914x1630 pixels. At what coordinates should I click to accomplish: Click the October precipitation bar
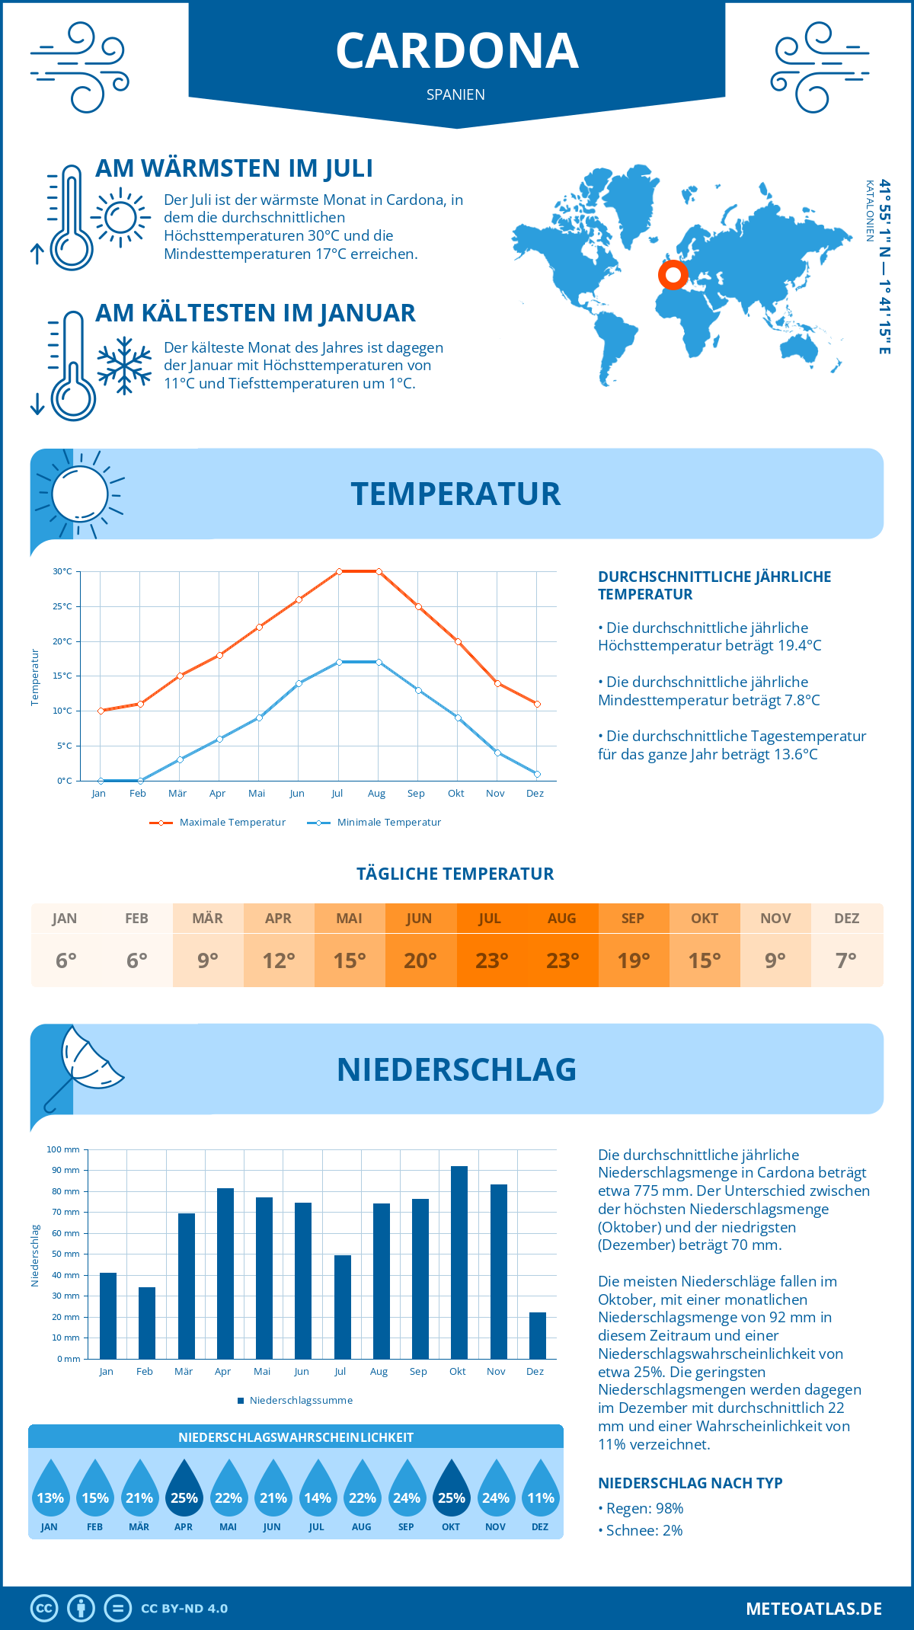click(459, 1263)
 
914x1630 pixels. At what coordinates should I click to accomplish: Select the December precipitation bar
click(538, 1336)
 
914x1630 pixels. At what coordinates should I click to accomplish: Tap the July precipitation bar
click(343, 1307)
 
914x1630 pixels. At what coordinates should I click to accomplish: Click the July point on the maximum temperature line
click(339, 571)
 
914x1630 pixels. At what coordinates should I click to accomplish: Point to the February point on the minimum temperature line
click(140, 781)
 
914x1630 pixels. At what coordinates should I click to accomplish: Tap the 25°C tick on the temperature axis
click(62, 607)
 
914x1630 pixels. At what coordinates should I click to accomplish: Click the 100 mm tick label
click(63, 1149)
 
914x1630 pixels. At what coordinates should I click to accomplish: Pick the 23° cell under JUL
click(491, 960)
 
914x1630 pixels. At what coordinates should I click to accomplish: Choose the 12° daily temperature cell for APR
click(279, 960)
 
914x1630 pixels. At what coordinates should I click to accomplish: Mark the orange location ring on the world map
click(673, 275)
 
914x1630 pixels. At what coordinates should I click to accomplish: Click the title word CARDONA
click(457, 51)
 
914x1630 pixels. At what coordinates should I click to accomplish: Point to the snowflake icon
click(124, 366)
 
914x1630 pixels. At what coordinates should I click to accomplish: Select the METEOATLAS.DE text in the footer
click(813, 1609)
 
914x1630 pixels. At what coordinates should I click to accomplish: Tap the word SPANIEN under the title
click(455, 94)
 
